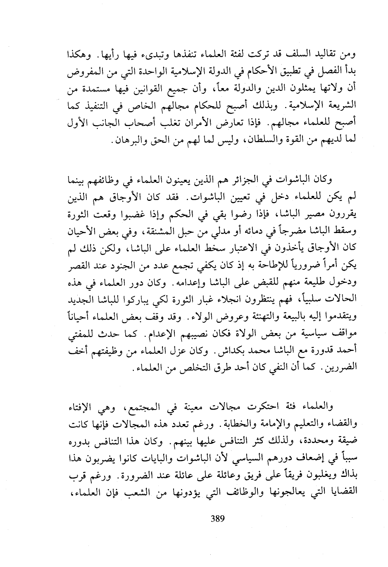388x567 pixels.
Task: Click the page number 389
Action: pos(217,519)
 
